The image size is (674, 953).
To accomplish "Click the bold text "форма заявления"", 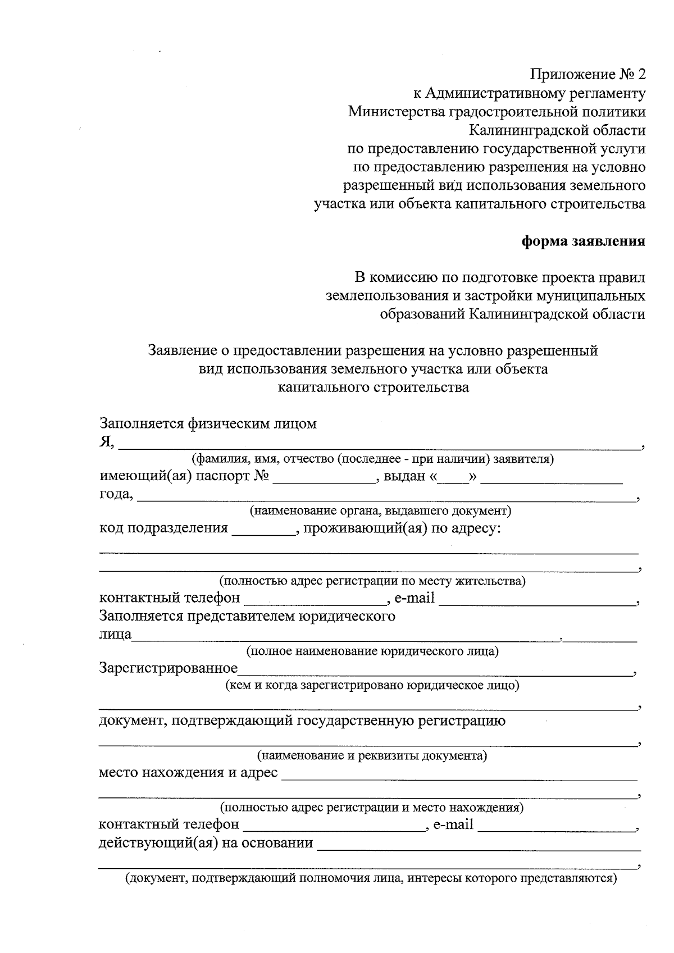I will click(x=584, y=241).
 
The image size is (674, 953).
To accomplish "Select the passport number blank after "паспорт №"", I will click(x=325, y=481).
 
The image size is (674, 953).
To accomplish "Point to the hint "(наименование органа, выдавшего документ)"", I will click(x=380, y=511).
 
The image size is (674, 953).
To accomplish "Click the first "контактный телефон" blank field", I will click(x=316, y=604).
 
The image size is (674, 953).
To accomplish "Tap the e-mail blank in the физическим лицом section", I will click(x=537, y=604).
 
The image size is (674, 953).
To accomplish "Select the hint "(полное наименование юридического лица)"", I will click(x=372, y=651).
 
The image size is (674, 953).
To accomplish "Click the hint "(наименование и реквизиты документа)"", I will click(x=372, y=755).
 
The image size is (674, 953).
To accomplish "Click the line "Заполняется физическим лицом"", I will click(x=208, y=423).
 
